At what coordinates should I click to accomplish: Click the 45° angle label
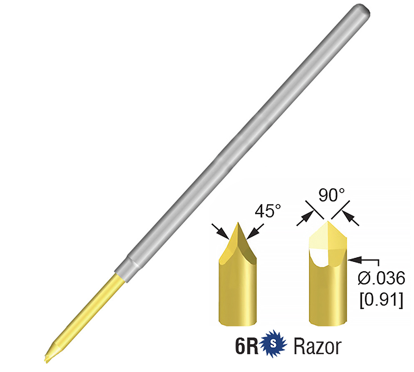tap(269, 211)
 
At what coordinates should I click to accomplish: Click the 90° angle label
tap(323, 196)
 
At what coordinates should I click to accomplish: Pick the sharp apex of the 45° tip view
tap(238, 223)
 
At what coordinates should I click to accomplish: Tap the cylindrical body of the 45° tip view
tap(238, 289)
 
